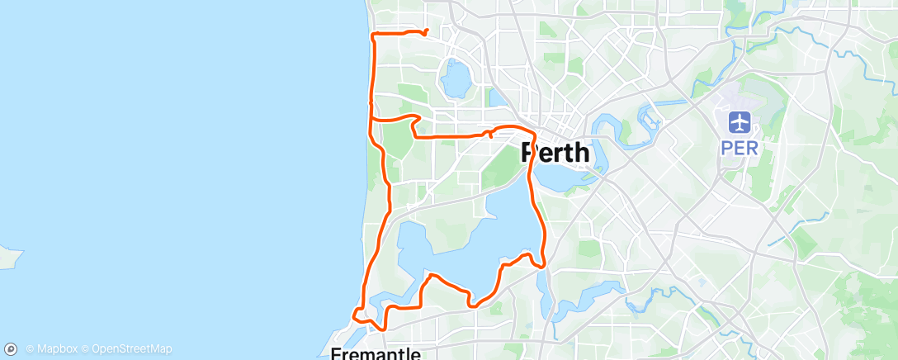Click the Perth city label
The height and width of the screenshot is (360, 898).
tap(555, 153)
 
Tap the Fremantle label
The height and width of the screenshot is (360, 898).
tap(376, 353)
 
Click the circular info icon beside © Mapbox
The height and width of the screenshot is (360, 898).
tap(11, 349)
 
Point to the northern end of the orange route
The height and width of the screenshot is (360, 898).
tap(426, 31)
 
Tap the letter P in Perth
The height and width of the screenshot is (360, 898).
tap(530, 153)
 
